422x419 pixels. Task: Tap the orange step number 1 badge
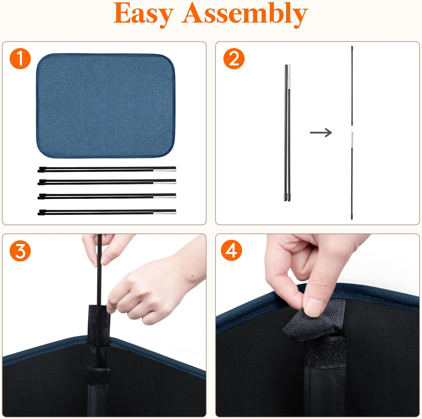click(20, 58)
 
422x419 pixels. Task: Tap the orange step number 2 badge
click(234, 58)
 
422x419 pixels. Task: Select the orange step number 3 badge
click(20, 251)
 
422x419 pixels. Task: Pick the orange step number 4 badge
click(231, 250)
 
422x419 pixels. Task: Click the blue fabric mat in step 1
click(105, 105)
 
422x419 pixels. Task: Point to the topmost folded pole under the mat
click(107, 169)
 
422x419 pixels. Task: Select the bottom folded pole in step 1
click(107, 212)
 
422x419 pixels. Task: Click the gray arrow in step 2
click(321, 132)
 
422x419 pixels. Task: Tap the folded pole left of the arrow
click(287, 133)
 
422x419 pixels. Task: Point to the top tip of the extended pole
click(352, 47)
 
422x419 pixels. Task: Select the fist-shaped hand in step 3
click(152, 290)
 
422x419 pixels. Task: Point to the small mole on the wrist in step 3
click(192, 276)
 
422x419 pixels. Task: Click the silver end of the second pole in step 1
click(165, 181)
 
